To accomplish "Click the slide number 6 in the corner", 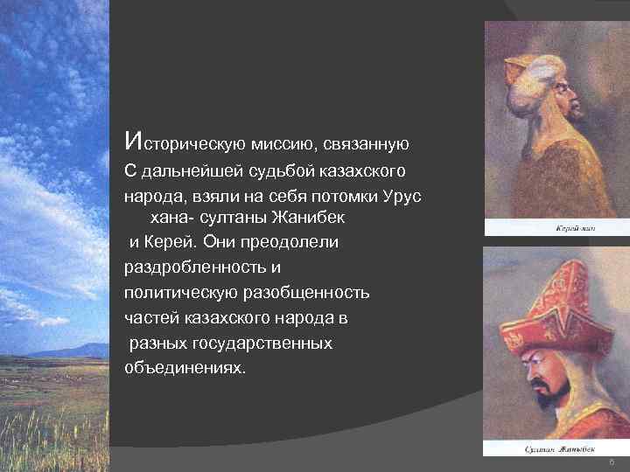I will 611,462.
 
